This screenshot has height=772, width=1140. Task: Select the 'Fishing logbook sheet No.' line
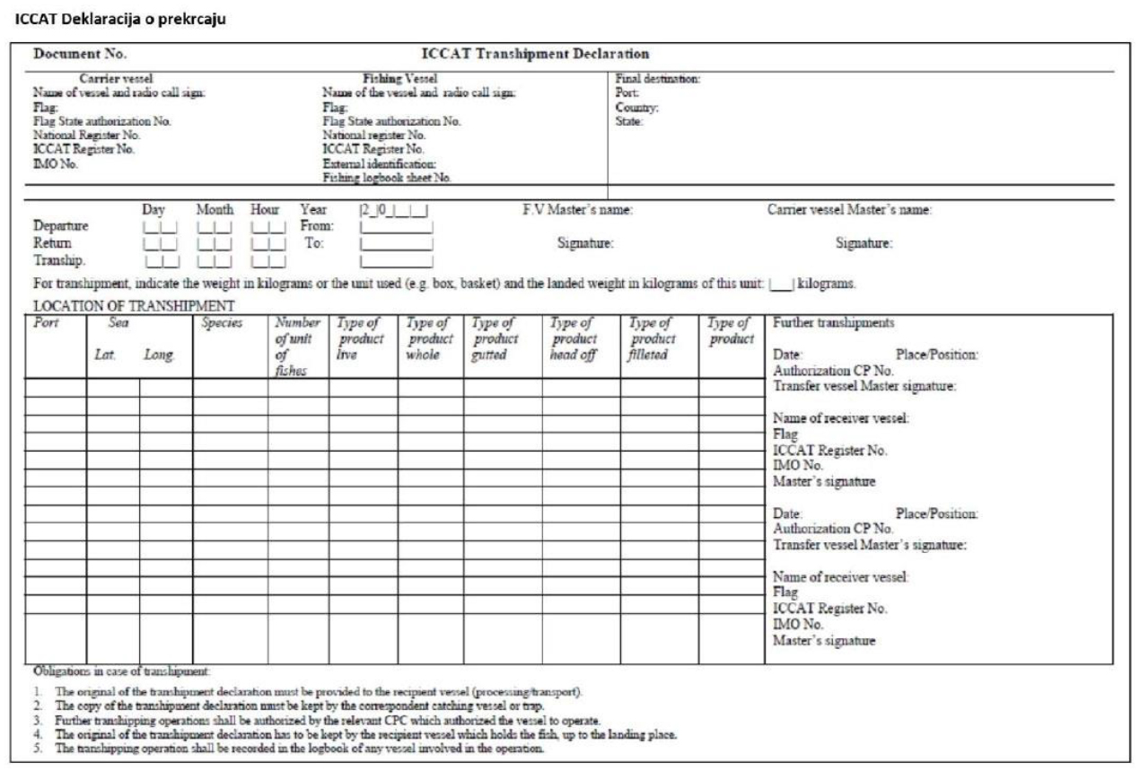(387, 176)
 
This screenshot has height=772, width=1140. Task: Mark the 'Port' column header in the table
(41, 321)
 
